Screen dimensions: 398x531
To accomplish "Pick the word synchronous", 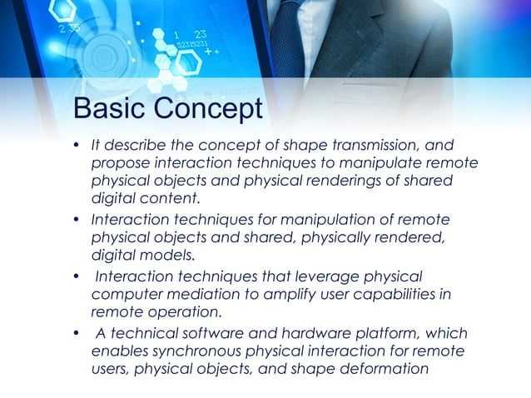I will tap(188, 351).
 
